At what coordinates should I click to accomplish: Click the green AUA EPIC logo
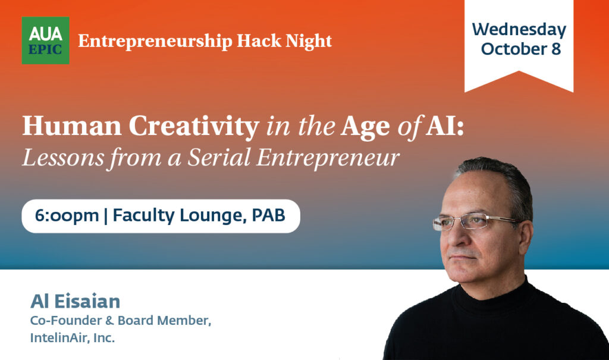pyautogui.click(x=45, y=40)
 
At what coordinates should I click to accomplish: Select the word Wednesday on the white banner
pyautogui.click(x=519, y=29)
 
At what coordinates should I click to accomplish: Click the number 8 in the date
pyautogui.click(x=555, y=49)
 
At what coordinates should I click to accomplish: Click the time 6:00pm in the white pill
pyautogui.click(x=67, y=215)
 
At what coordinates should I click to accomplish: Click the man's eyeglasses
pyautogui.click(x=470, y=221)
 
